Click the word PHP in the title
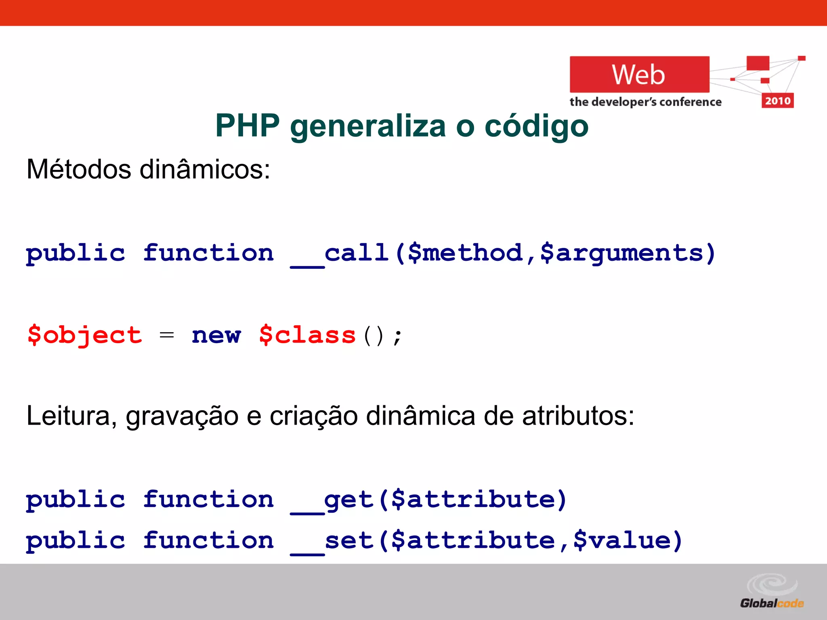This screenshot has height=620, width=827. (247, 126)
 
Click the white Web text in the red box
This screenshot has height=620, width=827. (638, 75)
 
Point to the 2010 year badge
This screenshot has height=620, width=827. (778, 101)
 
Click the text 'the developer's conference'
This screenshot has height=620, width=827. (645, 102)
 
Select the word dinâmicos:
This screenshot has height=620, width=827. (205, 169)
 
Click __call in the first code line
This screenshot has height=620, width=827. (340, 254)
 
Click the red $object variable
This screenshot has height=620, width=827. (85, 335)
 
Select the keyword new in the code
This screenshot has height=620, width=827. (216, 335)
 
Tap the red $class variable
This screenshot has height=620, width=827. (307, 335)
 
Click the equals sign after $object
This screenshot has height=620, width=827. (167, 335)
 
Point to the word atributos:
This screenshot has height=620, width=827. (578, 416)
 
